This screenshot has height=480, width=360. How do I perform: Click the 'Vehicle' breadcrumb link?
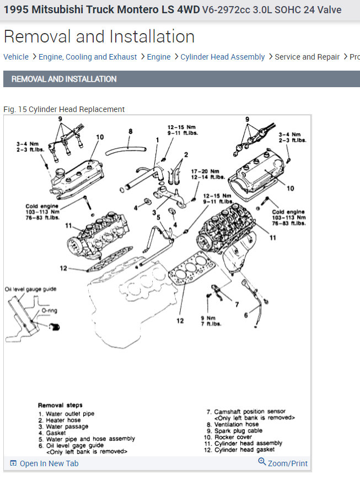pos(16,57)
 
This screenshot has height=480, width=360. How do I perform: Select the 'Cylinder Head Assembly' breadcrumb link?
pos(222,57)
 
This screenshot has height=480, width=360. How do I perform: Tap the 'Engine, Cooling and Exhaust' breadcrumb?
pos(88,57)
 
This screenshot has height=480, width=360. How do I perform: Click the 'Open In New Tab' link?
pos(49,463)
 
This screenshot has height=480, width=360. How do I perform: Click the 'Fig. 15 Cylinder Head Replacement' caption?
pos(64,109)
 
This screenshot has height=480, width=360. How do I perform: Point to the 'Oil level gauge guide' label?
pos(31,289)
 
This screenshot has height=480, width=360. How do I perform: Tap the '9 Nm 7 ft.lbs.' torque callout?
pos(211,321)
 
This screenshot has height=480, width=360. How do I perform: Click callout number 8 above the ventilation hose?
pos(131,132)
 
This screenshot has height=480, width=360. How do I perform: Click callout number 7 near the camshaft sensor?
pos(237,305)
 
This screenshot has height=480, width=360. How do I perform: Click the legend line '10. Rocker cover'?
pos(231,437)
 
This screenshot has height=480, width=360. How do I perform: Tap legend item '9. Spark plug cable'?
pos(235,431)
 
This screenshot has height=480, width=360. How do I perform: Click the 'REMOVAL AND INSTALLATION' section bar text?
pos(64,79)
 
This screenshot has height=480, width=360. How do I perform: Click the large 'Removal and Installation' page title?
pos(99,36)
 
